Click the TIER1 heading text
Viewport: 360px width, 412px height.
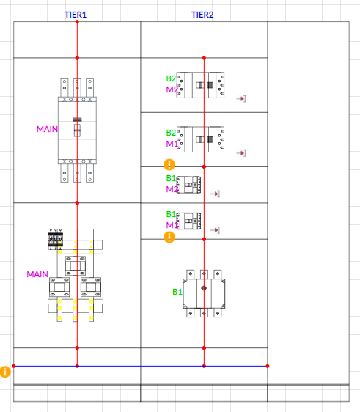[76, 15]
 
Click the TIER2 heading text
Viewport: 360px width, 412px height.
[202, 15]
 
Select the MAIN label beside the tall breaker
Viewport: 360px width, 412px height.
[47, 129]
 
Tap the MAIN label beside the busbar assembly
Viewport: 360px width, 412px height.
[37, 274]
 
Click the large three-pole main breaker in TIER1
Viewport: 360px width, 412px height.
[77, 130]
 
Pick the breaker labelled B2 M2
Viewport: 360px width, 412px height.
[200, 85]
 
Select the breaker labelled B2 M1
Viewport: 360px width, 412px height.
[200, 139]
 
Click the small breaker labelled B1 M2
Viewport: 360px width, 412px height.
[188, 185]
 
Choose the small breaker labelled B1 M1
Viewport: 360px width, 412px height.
[188, 221]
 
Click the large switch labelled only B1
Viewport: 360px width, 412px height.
[204, 293]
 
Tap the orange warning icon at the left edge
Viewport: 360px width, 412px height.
[5, 372]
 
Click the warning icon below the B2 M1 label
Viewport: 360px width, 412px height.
[169, 164]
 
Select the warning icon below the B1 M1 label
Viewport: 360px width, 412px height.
[169, 237]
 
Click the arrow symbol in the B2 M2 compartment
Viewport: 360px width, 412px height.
[241, 99]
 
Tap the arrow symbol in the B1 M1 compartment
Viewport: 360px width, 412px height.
[216, 230]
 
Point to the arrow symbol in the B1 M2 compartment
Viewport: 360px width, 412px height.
[216, 194]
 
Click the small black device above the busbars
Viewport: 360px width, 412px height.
[56, 239]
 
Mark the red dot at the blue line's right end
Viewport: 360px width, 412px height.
[268, 366]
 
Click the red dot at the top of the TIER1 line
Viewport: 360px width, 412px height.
[77, 22]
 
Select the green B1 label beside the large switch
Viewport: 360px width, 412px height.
[177, 292]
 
